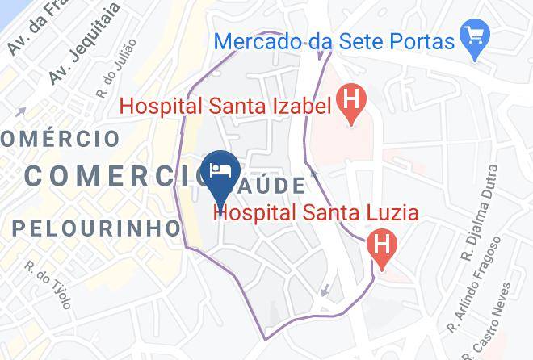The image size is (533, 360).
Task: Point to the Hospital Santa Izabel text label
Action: (x=226, y=105)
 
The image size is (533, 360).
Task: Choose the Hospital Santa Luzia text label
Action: (x=316, y=213)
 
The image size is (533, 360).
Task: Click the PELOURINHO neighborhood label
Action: (x=95, y=228)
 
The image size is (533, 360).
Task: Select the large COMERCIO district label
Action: (x=113, y=174)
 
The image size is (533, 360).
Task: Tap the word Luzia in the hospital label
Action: (x=390, y=213)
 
